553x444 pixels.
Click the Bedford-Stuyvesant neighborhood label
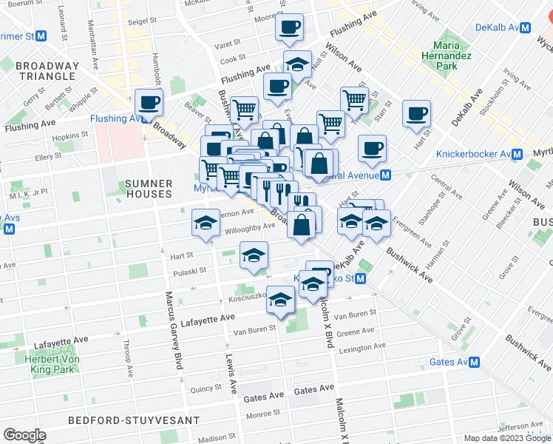(133, 420)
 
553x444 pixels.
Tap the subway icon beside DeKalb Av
(526, 27)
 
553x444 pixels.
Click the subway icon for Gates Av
(475, 363)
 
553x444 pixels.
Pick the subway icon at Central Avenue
(385, 175)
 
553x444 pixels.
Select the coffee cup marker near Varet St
(289, 27)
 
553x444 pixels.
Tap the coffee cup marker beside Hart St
(417, 113)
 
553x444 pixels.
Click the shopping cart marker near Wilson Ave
(354, 99)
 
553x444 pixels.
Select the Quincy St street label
(206, 388)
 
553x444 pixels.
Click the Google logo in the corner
(24, 435)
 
